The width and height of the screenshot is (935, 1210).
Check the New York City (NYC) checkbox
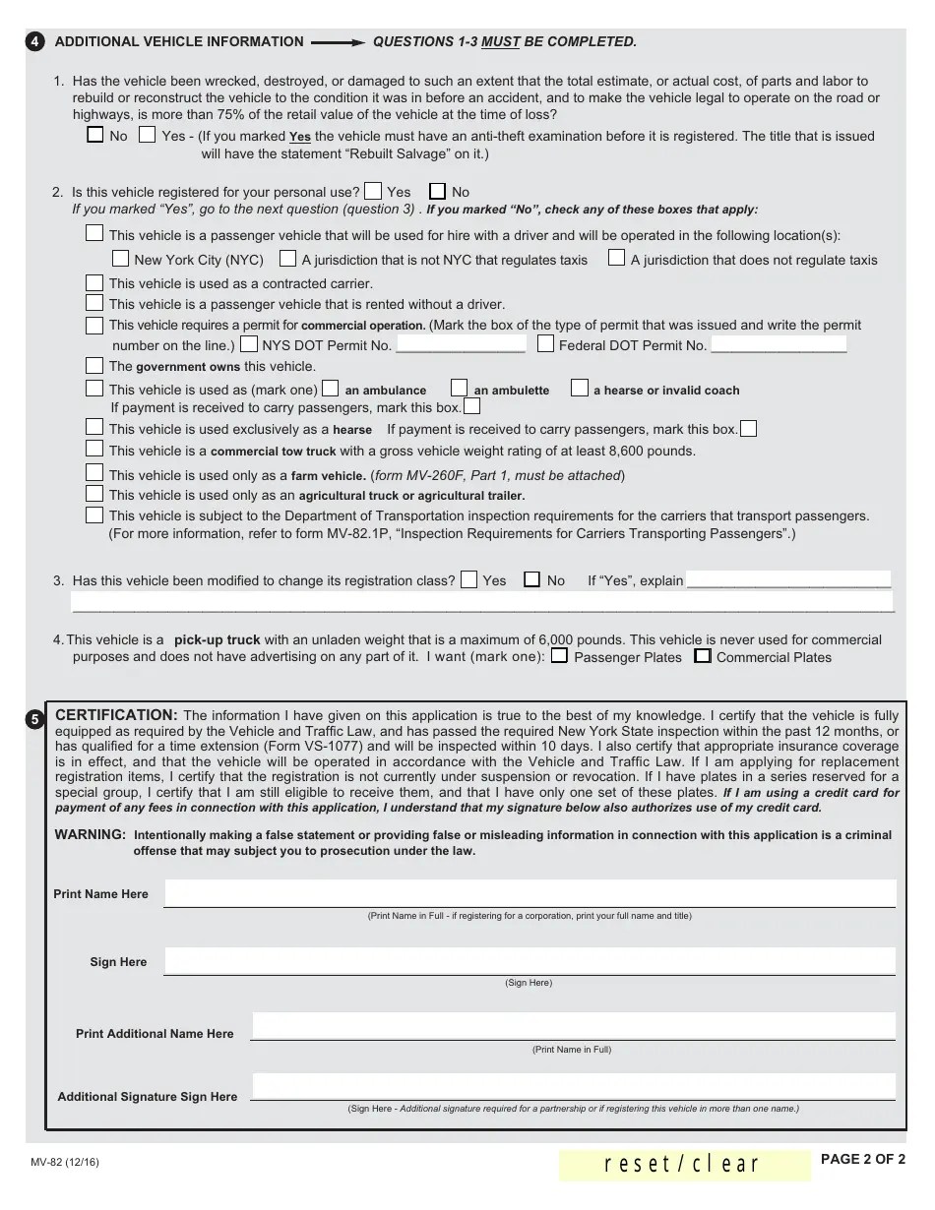120,259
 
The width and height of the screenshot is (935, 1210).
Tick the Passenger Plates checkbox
559,655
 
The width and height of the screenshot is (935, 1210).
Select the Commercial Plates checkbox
702,655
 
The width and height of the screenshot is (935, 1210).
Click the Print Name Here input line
530,893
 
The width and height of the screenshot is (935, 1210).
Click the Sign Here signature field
530,961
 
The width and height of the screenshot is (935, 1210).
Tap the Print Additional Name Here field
573,1027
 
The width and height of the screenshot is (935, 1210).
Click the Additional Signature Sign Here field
573,1088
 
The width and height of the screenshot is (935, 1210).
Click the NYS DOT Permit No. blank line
461,345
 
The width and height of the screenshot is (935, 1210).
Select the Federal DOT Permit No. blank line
778,345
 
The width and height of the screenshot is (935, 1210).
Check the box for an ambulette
459,388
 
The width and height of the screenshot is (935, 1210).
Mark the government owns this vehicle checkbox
94,365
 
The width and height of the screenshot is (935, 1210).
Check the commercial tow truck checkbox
94,449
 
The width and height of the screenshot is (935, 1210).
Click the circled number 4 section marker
35,42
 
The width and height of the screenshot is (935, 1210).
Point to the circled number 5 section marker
35,719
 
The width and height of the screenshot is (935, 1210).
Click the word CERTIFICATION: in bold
116,715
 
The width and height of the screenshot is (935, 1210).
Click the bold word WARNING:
90,834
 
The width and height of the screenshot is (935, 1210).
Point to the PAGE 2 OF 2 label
862,1159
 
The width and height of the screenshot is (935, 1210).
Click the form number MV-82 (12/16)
64,1163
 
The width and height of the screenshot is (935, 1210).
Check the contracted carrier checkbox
94,283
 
